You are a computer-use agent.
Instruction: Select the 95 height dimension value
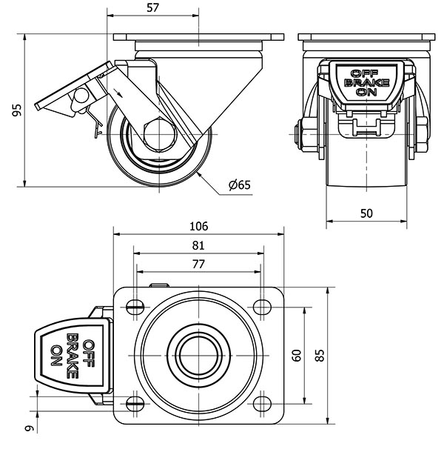point(17,110)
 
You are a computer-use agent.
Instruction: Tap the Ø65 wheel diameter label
point(240,185)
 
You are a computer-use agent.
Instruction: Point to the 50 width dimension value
point(366,213)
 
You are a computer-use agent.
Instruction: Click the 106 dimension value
point(198,226)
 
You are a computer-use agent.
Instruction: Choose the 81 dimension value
point(198,245)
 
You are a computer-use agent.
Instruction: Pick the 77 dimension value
point(198,264)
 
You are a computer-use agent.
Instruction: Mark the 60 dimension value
point(297,355)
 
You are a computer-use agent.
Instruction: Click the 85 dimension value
point(320,355)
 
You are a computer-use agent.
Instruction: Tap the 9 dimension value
point(29,426)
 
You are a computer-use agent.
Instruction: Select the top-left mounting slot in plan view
point(135,306)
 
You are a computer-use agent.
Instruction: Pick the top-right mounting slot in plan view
point(261,306)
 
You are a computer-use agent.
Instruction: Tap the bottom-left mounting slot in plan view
point(135,404)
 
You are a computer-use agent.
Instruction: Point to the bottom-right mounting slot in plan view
point(261,404)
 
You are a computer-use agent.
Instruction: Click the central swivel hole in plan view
point(198,355)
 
